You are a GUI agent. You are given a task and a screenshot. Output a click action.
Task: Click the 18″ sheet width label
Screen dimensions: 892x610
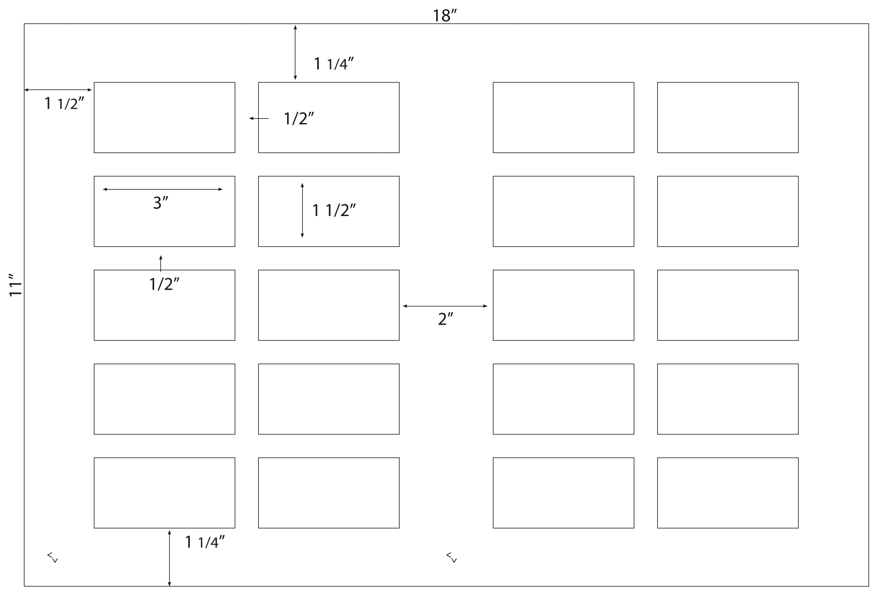[445, 16]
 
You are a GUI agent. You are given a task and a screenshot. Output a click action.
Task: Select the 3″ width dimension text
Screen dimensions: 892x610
[160, 202]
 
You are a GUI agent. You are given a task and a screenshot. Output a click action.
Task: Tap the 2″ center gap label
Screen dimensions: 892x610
[446, 319]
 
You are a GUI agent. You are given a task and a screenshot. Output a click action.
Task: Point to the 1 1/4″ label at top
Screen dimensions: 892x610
[334, 64]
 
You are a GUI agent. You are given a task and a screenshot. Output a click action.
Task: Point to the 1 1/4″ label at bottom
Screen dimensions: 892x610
[205, 542]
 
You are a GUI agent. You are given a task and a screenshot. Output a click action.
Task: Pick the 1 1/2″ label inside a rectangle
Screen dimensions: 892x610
[334, 210]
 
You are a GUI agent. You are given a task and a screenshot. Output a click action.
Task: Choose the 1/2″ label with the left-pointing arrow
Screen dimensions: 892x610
[299, 118]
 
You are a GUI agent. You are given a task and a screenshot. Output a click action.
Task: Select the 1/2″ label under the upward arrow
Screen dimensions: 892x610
[164, 283]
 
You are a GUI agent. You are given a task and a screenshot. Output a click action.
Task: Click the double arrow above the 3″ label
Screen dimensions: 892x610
[162, 189]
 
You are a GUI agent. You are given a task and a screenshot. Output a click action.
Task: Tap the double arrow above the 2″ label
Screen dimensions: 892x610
[445, 306]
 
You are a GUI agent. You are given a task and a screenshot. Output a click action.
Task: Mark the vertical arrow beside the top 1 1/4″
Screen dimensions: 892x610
[295, 52]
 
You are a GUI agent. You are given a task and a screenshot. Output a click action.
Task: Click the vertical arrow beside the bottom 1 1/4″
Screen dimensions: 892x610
[169, 558]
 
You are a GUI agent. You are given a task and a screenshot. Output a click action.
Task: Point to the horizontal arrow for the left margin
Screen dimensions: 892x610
[58, 90]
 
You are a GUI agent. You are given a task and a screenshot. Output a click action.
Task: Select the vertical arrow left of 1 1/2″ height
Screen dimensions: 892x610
[302, 211]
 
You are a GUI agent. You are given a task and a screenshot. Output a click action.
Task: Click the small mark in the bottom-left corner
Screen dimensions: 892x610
[52, 557]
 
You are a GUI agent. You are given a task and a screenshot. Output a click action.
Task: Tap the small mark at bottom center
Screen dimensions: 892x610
[451, 557]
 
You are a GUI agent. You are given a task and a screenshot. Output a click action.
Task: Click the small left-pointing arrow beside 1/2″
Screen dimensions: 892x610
[259, 118]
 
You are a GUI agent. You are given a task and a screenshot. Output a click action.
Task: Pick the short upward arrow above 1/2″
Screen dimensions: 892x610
[160, 263]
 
